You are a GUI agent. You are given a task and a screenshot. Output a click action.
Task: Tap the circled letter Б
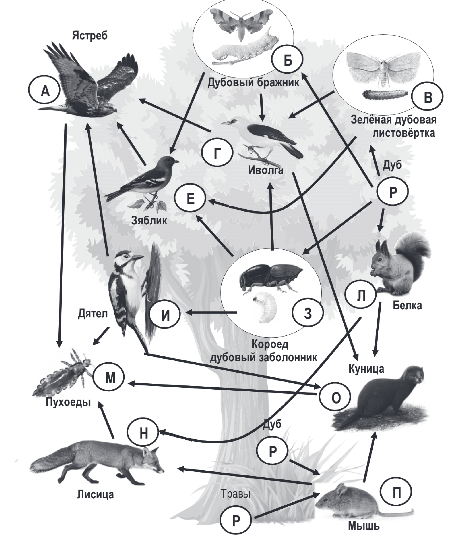coord(287,60)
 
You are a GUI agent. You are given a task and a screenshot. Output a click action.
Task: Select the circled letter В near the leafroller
coord(427,97)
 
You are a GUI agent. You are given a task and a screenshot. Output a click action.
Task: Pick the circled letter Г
coord(217,154)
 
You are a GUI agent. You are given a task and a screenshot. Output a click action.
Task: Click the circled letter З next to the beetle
coord(308,313)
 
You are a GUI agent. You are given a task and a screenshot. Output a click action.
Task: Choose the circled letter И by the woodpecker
coord(165,314)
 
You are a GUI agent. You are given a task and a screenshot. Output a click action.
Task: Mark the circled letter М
coord(110,378)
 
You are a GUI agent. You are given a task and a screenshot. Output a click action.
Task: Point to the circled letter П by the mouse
coord(397,493)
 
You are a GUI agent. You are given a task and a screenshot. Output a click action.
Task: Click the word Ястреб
coord(90,36)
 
